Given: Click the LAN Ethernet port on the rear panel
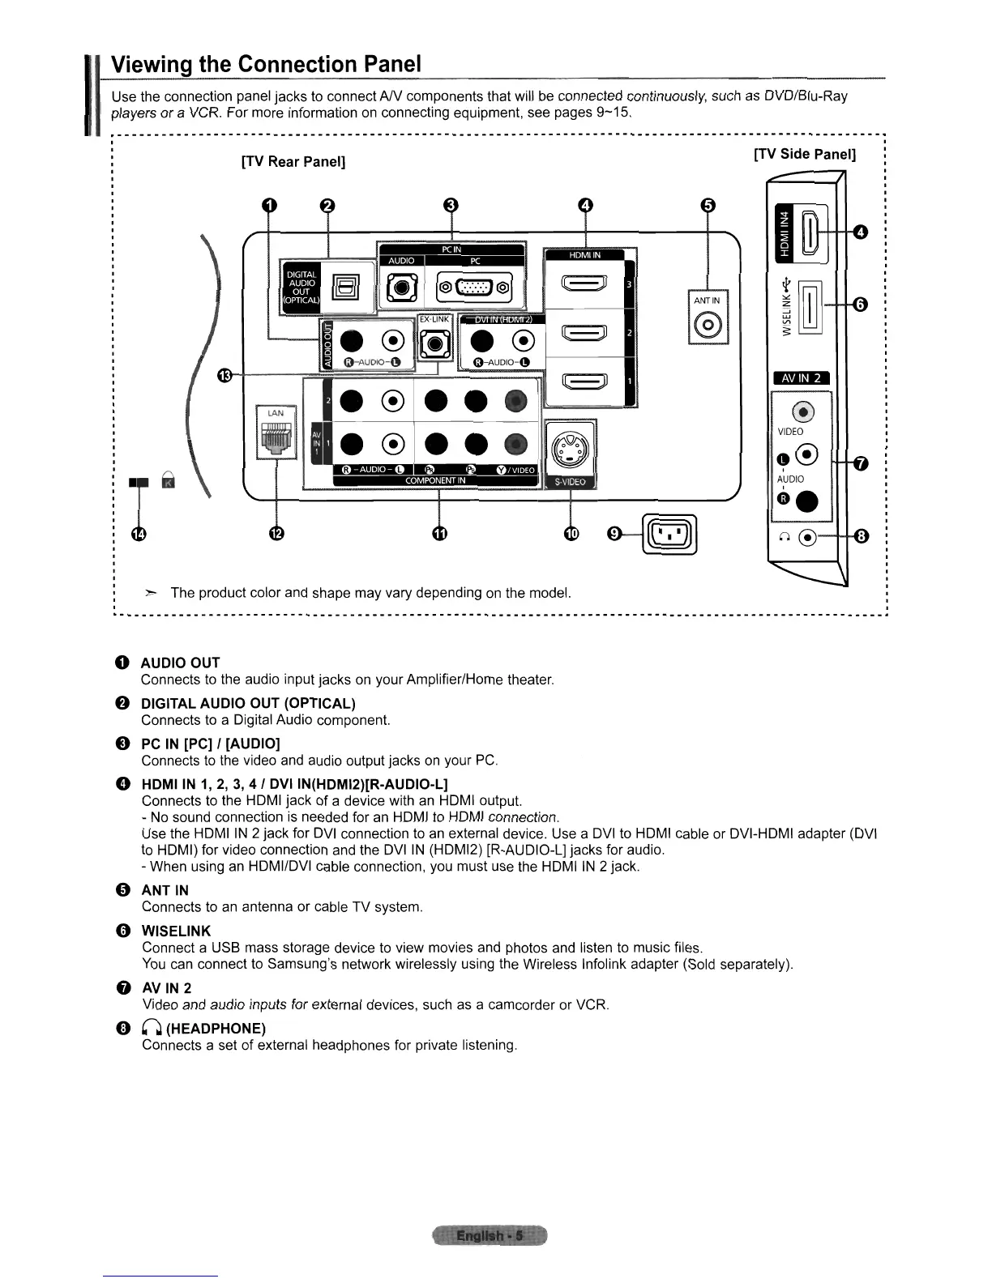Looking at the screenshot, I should (276, 438).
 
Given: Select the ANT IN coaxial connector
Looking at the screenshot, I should (708, 326).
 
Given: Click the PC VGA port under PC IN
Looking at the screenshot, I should (475, 286).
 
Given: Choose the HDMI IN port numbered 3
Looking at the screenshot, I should (584, 284).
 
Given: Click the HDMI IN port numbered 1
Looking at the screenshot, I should (584, 381).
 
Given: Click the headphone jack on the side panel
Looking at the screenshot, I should (807, 537).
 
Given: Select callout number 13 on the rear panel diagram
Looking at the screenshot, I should (225, 374).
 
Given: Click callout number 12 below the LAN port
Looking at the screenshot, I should (277, 534).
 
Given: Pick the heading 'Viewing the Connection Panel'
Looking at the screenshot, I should (266, 64).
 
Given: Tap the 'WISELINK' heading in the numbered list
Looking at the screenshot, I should (176, 931).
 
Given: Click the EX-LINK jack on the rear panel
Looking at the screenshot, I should (433, 344).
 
